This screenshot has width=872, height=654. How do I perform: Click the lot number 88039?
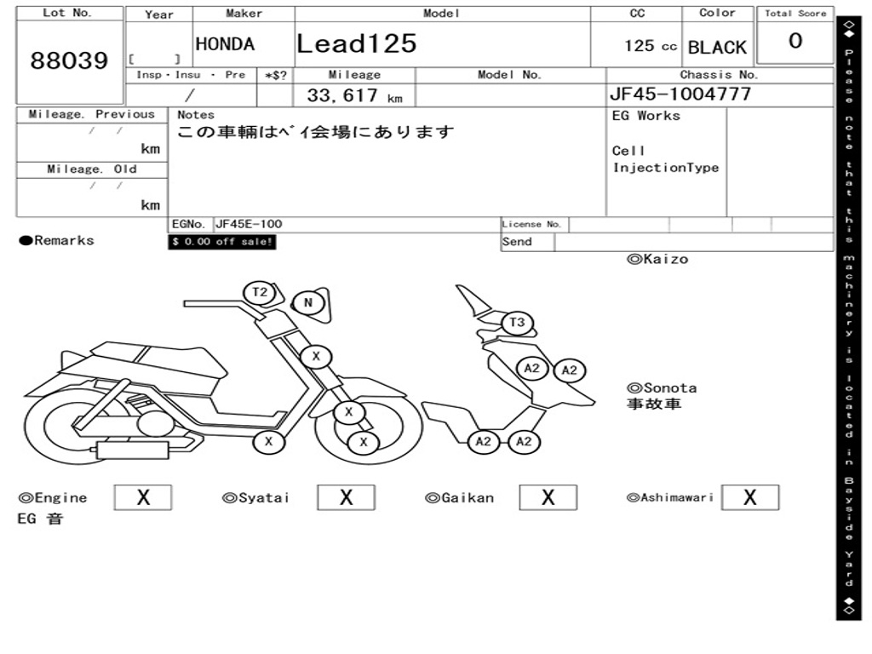70,60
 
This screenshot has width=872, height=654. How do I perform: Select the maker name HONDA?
225,44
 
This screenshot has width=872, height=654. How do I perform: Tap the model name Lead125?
357,43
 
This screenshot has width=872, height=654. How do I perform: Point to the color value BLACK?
717,48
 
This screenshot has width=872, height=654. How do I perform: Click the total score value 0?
795,41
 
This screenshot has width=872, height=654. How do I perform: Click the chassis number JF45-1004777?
680,94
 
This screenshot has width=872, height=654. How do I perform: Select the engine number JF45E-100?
249,224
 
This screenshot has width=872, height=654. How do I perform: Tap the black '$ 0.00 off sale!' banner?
222,242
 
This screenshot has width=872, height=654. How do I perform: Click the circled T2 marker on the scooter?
260,292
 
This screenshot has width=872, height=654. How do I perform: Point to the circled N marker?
307,302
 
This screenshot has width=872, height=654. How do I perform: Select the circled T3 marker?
517,323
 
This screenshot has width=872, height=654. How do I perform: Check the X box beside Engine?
142,497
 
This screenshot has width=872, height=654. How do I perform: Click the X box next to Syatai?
346,497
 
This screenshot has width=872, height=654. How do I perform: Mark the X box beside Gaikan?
548,497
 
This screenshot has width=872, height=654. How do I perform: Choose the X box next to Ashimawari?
749,497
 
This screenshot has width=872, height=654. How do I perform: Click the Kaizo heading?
657,259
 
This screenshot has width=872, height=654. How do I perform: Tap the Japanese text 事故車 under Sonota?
654,404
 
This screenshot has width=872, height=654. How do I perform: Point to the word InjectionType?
666,168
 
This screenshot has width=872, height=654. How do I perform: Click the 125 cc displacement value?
651,46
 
